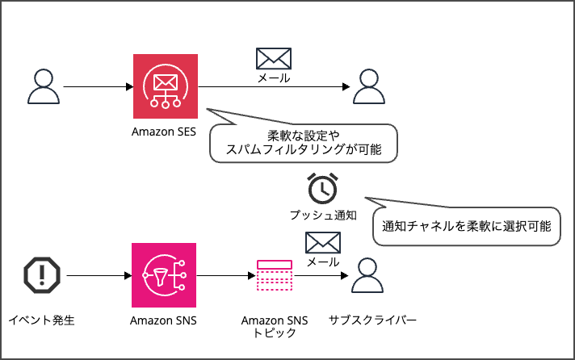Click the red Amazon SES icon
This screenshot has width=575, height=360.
click(166, 86)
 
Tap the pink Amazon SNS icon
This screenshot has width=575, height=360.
click(164, 276)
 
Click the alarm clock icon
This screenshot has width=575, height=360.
click(322, 188)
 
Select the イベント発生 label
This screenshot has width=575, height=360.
click(40, 320)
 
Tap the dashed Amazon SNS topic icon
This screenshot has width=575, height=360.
click(274, 276)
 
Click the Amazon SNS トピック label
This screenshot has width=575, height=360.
click(275, 326)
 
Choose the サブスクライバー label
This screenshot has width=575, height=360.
click(372, 320)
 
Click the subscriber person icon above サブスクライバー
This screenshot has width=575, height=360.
click(369, 277)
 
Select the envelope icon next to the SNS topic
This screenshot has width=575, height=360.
click(322, 243)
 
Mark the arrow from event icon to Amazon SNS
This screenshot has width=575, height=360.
click(99, 276)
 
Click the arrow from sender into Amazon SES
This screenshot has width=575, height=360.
click(97, 86)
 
